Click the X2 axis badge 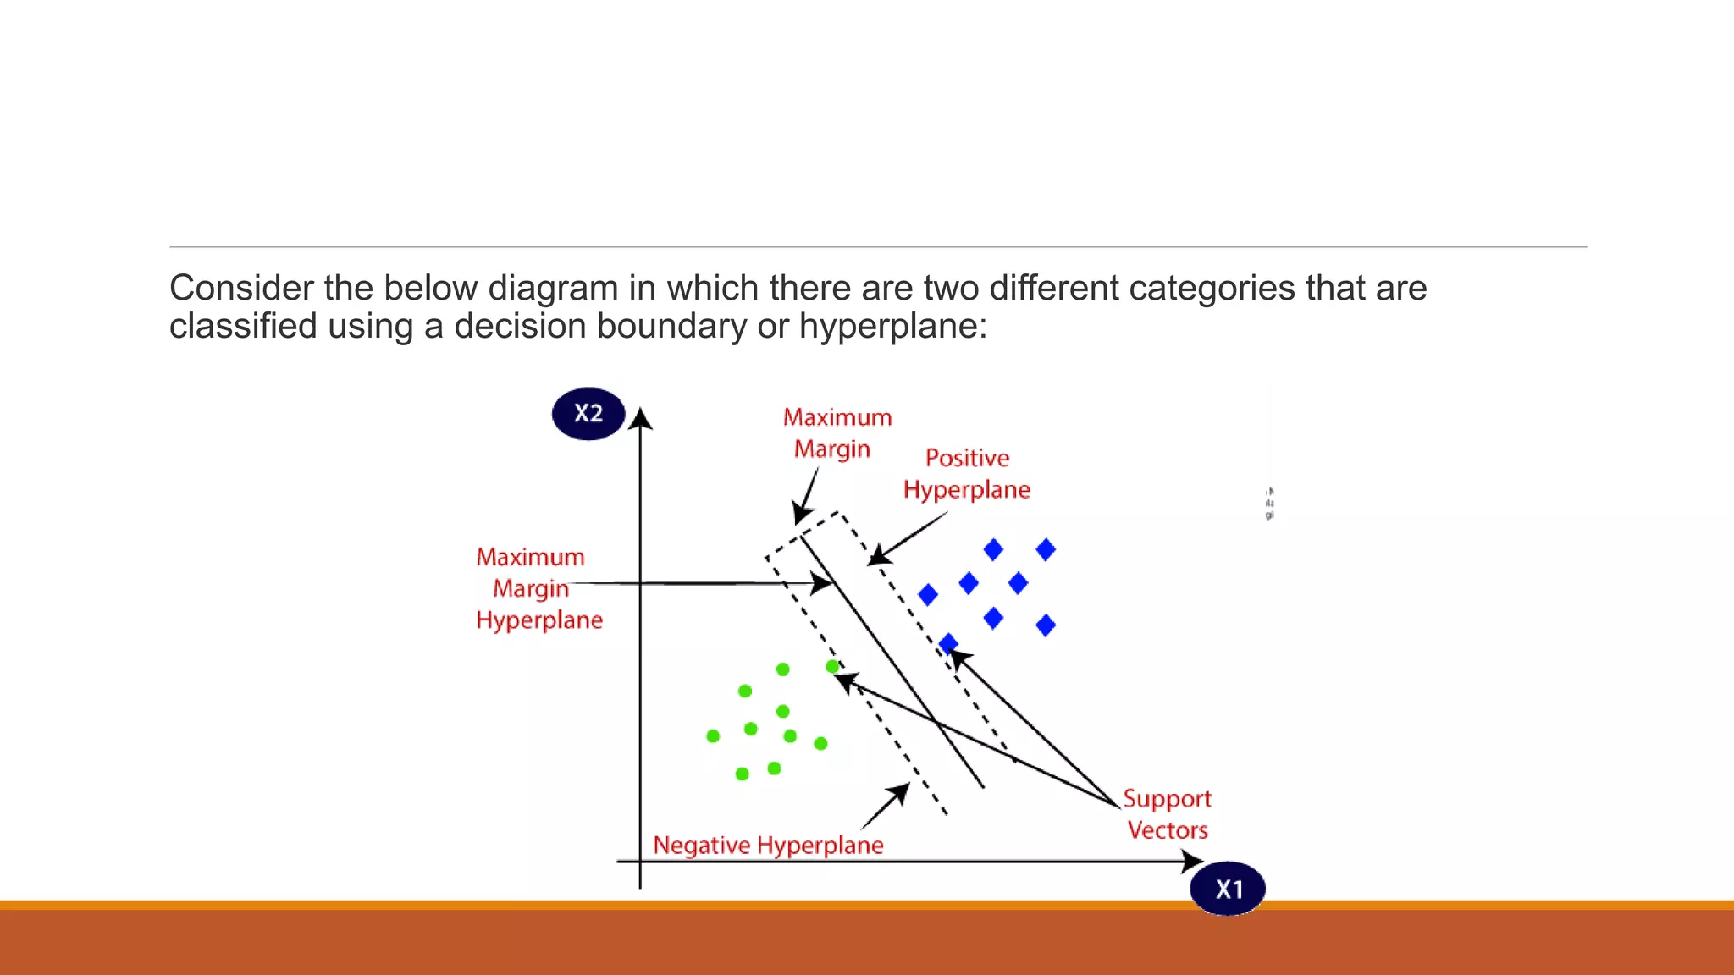tap(588, 414)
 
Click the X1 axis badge tap(1228, 889)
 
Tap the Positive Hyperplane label tap(967, 474)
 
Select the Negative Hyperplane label tap(768, 845)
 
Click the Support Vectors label tap(1168, 814)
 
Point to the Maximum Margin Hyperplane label tap(538, 588)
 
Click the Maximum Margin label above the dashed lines tap(837, 432)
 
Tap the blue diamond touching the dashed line tap(948, 643)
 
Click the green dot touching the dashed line tap(832, 667)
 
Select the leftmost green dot tap(713, 736)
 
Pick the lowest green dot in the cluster tap(743, 774)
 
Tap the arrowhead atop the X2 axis tap(641, 418)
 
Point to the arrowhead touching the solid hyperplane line tap(821, 583)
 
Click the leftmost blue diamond tap(928, 595)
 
